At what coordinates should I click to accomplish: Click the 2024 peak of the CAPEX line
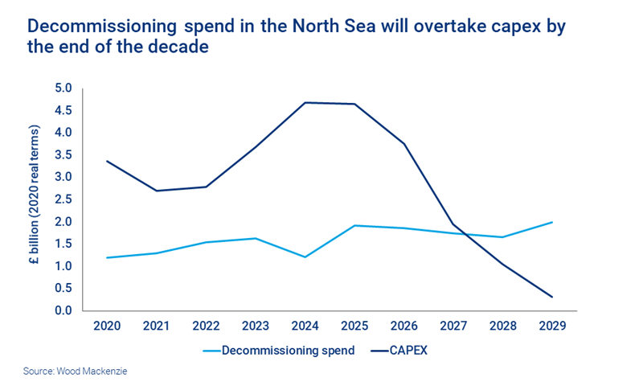click(305, 102)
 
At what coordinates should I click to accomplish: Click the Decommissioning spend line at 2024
click(305, 257)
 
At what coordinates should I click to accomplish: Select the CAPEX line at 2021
click(156, 191)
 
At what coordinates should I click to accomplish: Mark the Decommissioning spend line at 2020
click(107, 257)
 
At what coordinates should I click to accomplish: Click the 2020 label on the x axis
click(107, 326)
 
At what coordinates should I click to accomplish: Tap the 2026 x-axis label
click(404, 326)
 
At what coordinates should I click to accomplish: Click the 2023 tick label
click(256, 326)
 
